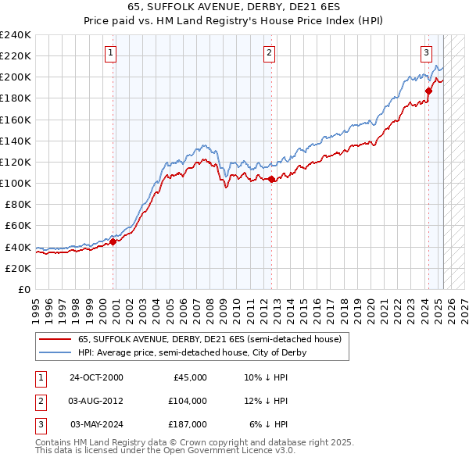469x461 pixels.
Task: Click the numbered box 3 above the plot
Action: pos(426,53)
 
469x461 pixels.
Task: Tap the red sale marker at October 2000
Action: pos(113,241)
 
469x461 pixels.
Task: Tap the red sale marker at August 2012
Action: pos(271,179)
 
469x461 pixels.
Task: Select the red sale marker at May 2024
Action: pos(428,91)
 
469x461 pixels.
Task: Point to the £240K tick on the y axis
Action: pos(16,35)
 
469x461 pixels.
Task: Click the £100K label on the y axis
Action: pos(16,183)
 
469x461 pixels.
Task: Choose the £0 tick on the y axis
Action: pos(23,289)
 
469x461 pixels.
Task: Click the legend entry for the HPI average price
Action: pos(192,352)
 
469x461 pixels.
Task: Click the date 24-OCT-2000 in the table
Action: pos(96,377)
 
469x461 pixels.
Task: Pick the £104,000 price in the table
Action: pos(188,401)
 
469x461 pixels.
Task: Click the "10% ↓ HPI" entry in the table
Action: pos(267,377)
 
